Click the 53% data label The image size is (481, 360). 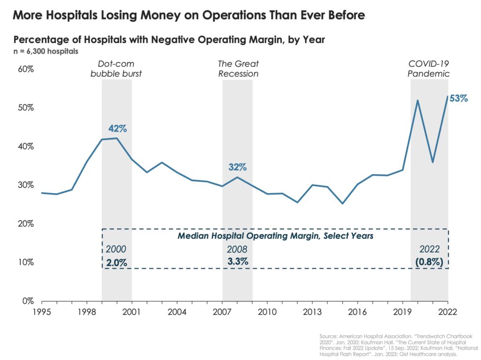tap(458, 99)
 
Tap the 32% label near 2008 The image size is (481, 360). tap(237, 167)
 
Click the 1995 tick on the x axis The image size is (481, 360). tap(41, 311)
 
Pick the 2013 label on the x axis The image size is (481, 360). tap(312, 311)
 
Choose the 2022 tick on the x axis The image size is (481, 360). tap(448, 311)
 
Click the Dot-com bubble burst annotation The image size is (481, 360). tap(116, 69)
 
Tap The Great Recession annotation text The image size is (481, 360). tap(238, 69)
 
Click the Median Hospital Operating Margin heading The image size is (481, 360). tap(275, 236)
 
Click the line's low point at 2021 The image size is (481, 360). tap(432, 163)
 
